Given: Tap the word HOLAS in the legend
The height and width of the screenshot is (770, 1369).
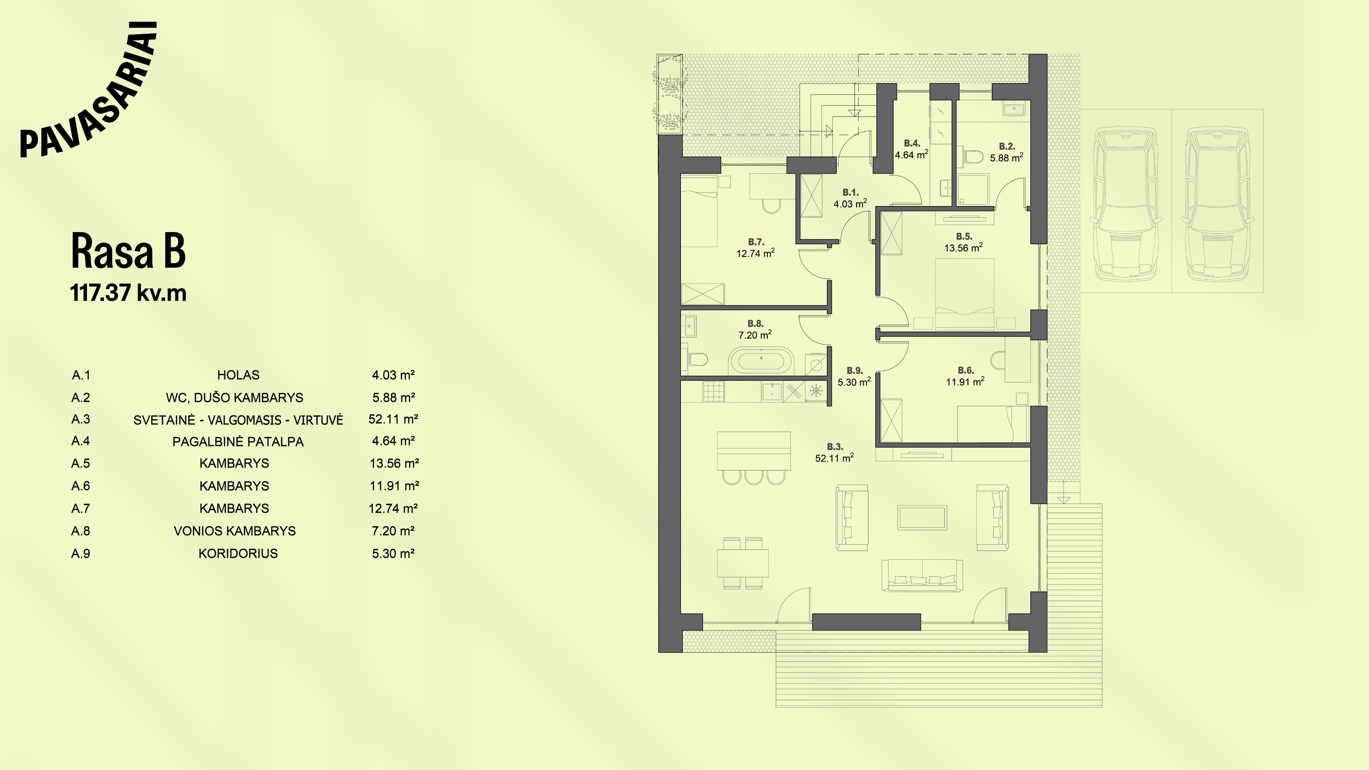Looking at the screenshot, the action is tap(238, 375).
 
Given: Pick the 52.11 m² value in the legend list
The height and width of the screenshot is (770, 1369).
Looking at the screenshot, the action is tap(393, 419).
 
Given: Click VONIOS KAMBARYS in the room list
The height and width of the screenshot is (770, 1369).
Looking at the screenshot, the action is tap(234, 531).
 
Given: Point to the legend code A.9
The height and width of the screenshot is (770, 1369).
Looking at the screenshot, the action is tap(81, 554).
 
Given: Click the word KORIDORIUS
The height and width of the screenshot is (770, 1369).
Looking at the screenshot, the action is tap(238, 554).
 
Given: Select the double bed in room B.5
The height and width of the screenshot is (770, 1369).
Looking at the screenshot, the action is tap(964, 294).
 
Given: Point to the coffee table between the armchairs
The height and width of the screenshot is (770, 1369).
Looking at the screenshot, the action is tap(922, 518).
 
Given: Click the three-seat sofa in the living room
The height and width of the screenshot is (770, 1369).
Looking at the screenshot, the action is tap(922, 575).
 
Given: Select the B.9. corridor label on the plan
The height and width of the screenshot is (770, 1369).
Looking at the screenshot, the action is tap(855, 370).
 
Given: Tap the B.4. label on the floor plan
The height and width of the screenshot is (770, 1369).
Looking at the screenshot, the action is tap(912, 143).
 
